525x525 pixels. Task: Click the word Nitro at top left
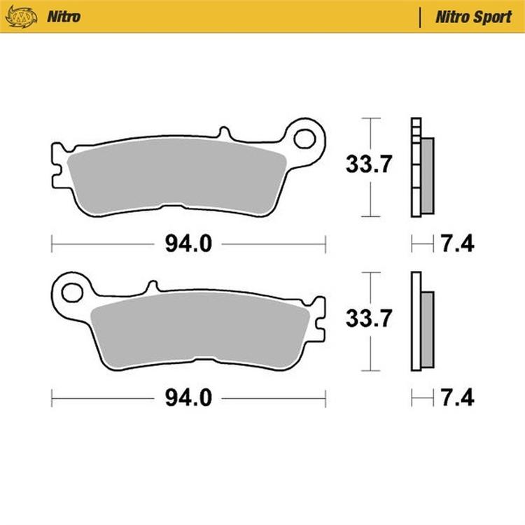pyautogui.click(x=62, y=15)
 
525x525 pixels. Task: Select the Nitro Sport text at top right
pyautogui.click(x=473, y=15)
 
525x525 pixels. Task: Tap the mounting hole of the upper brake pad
pyautogui.click(x=304, y=137)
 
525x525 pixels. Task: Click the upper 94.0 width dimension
pyautogui.click(x=188, y=244)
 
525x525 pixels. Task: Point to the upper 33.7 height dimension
pyautogui.click(x=368, y=165)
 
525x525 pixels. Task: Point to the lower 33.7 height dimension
pyautogui.click(x=368, y=319)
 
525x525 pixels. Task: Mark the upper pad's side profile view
pyautogui.click(x=421, y=168)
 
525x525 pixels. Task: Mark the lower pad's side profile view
pyautogui.click(x=421, y=321)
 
